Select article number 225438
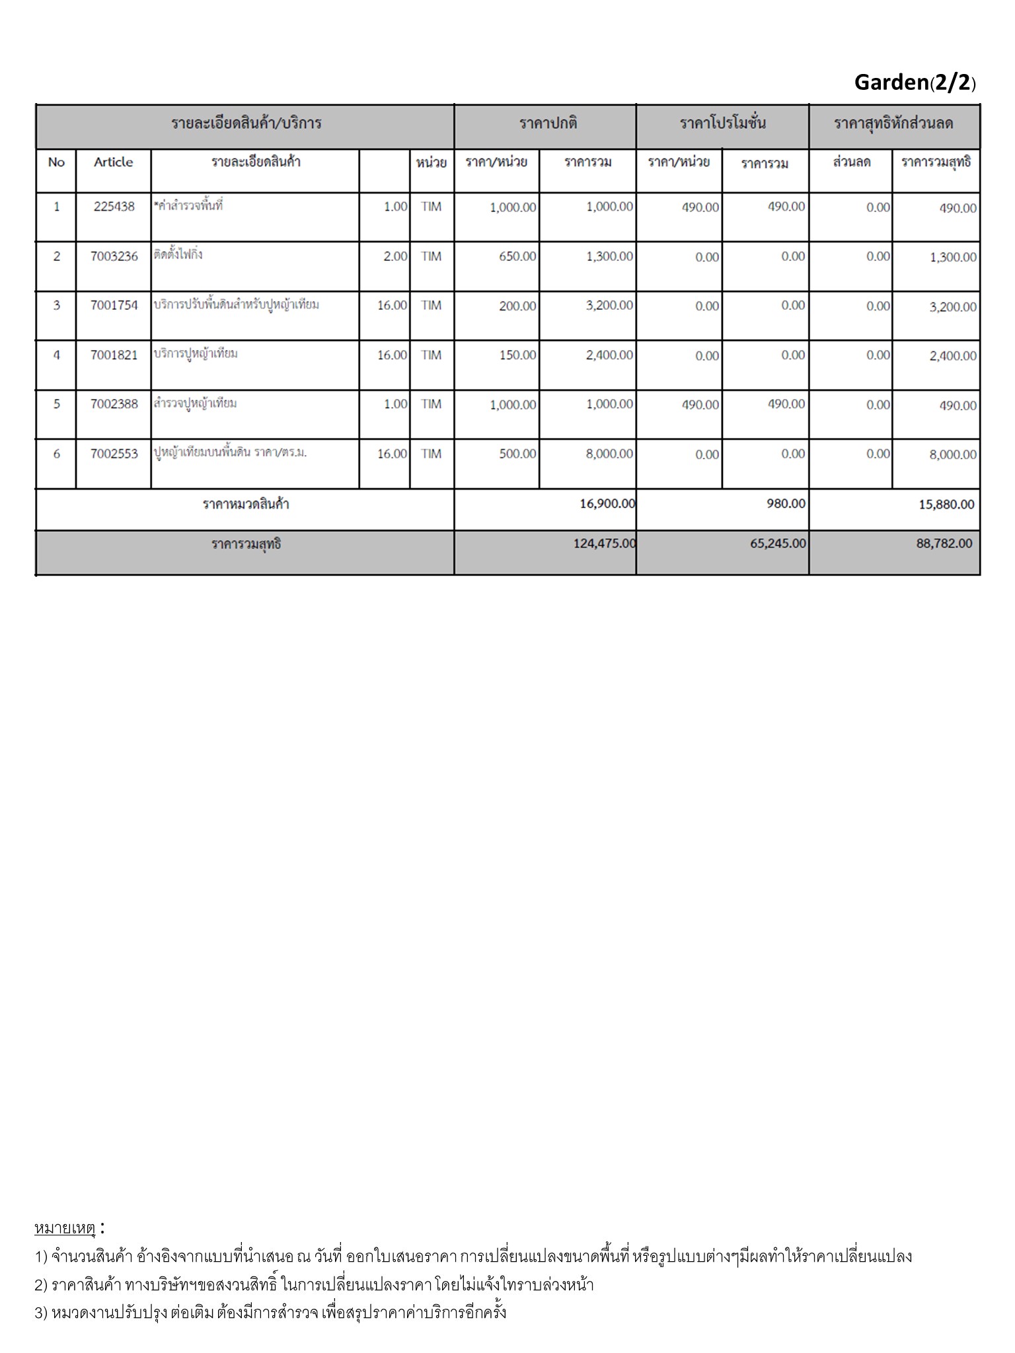coord(114,207)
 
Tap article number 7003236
coord(114,256)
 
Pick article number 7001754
coord(114,305)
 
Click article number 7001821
coord(114,355)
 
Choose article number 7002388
coord(114,404)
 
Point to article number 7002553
coord(114,454)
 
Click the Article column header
coord(113,162)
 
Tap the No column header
coord(56,162)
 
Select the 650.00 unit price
coord(517,256)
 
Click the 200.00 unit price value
coord(517,306)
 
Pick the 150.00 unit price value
coord(517,355)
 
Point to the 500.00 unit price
coord(517,454)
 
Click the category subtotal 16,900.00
coord(607,504)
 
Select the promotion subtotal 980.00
coord(786,504)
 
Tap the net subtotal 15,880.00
coord(946,505)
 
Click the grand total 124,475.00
coord(605,544)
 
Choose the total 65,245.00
coord(778,544)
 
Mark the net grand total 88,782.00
coord(944,544)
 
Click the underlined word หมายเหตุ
coord(65,1229)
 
